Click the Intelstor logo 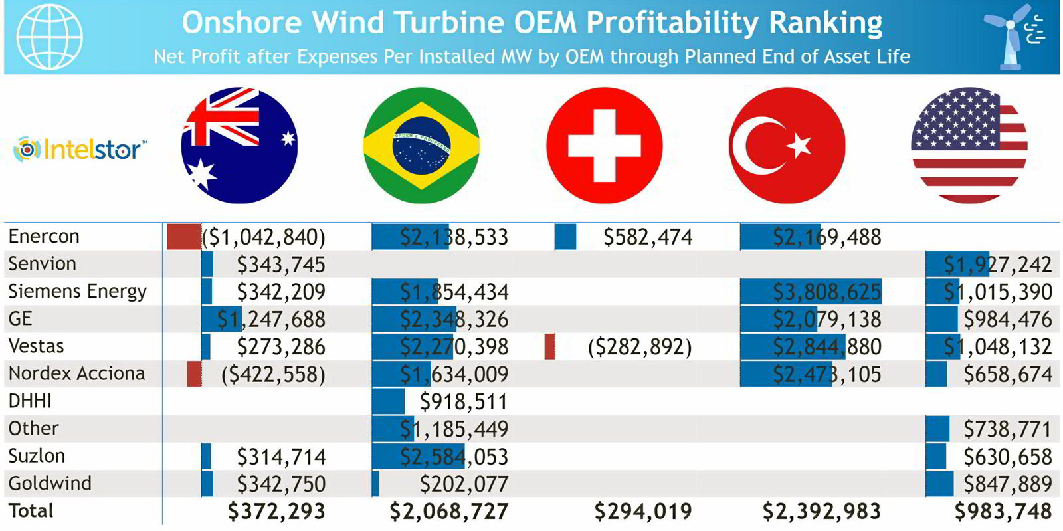click(80, 149)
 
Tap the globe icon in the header click(50, 37)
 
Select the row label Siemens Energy click(77, 292)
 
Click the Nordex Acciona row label click(76, 373)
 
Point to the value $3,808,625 click(826, 292)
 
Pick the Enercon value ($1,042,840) click(264, 237)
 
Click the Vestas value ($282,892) click(640, 347)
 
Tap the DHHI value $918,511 click(464, 401)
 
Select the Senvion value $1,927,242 click(998, 265)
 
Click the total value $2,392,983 click(821, 511)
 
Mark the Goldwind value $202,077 click(464, 484)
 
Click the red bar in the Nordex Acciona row click(194, 374)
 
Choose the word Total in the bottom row click(31, 511)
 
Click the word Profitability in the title click(672, 23)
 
